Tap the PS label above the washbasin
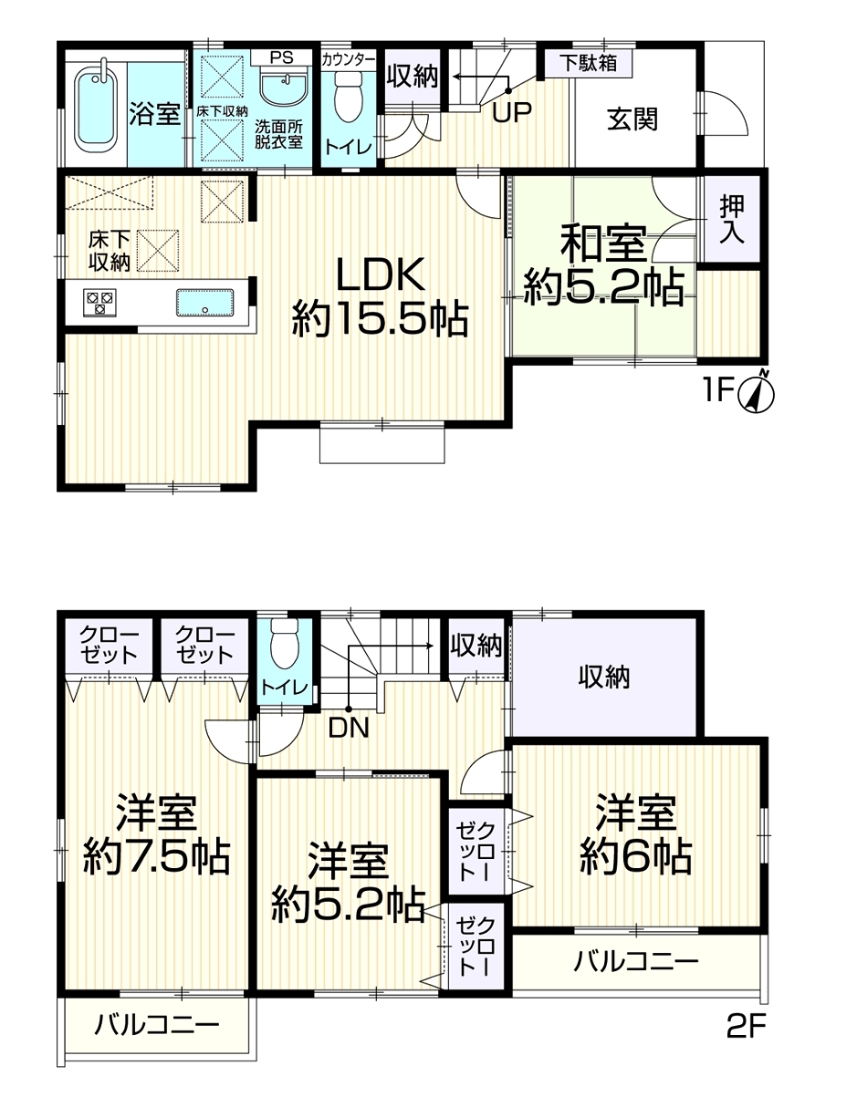[x=281, y=57]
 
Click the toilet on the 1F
[x=349, y=98]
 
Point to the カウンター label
[x=349, y=60]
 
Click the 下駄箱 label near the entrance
[x=589, y=64]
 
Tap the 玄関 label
[x=632, y=119]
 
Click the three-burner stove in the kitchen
[x=100, y=302]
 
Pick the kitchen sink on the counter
[x=204, y=302]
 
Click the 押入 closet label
[x=732, y=220]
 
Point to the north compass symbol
[x=757, y=393]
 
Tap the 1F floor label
[x=717, y=389]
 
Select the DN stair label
[x=349, y=728]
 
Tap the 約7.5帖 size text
[x=157, y=857]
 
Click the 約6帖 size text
[x=635, y=857]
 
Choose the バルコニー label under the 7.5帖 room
[x=157, y=1024]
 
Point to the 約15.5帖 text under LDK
[x=380, y=318]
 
